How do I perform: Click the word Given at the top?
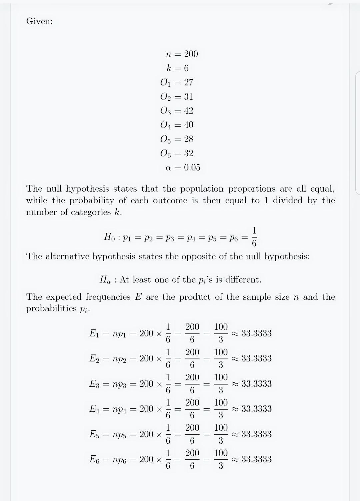tap(39, 21)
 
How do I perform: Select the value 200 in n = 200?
tap(191, 54)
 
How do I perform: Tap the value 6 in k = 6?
tap(186, 68)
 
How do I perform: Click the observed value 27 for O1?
tap(188, 82)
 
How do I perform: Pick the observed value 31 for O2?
tap(188, 97)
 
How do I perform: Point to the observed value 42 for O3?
tap(188, 111)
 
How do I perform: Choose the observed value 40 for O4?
tap(188, 125)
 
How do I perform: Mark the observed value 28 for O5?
tap(188, 139)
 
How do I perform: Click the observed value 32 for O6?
tap(188, 153)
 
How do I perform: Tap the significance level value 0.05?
tap(192, 168)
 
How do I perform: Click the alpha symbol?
tap(168, 168)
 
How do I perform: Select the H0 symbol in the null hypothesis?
tap(109, 237)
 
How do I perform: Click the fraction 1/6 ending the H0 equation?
tap(254, 237)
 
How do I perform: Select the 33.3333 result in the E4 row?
tap(256, 409)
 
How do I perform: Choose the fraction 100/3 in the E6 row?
tap(221, 459)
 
